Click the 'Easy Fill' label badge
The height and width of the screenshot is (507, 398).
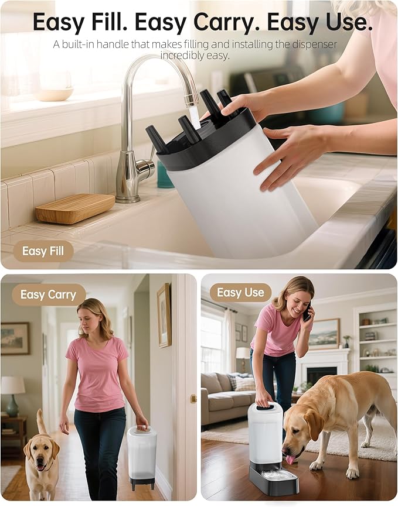click(43, 251)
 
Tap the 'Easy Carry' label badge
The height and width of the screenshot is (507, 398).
click(49, 294)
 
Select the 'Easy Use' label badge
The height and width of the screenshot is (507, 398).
click(240, 293)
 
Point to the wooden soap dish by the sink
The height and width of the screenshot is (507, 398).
click(74, 208)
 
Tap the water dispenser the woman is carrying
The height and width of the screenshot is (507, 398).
click(142, 454)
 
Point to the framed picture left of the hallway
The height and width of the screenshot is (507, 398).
click(15, 338)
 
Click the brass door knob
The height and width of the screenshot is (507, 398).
click(193, 399)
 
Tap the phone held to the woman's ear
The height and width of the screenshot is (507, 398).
click(307, 315)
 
